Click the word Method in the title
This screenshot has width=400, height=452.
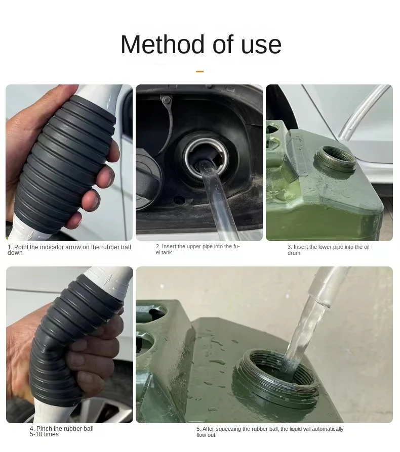tap(162, 44)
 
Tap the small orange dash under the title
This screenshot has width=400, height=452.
tap(199, 72)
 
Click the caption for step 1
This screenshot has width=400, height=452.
tap(69, 250)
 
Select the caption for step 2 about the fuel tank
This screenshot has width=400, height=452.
tap(197, 249)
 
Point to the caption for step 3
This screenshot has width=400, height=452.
tap(328, 250)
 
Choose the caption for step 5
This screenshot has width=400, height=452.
tap(269, 431)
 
